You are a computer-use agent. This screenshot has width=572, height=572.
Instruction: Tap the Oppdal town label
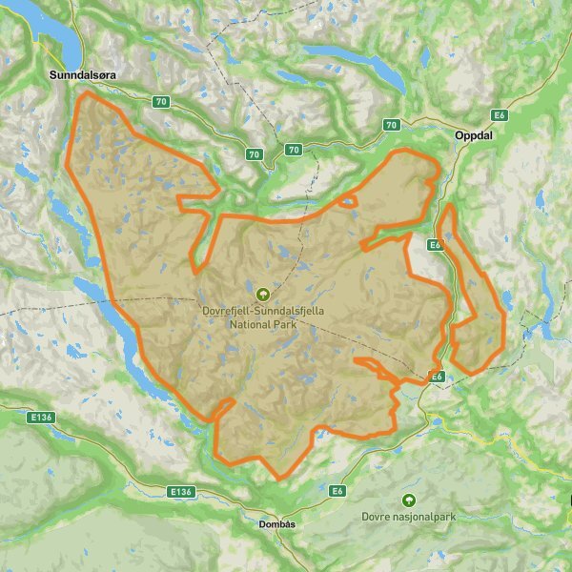tap(476, 134)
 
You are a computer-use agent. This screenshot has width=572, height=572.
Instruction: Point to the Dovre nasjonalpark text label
tap(409, 516)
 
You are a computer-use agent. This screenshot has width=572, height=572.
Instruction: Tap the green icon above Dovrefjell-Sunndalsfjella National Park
tap(263, 294)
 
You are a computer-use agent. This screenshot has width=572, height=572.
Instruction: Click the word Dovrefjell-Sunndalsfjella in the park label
tap(263, 310)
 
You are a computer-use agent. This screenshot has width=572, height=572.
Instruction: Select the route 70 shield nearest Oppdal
tap(391, 126)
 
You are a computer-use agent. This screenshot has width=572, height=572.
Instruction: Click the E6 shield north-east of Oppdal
tap(499, 115)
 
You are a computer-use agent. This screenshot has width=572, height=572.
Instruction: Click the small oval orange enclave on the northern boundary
tap(348, 201)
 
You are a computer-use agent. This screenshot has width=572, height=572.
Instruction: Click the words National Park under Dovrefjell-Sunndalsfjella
tap(263, 323)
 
